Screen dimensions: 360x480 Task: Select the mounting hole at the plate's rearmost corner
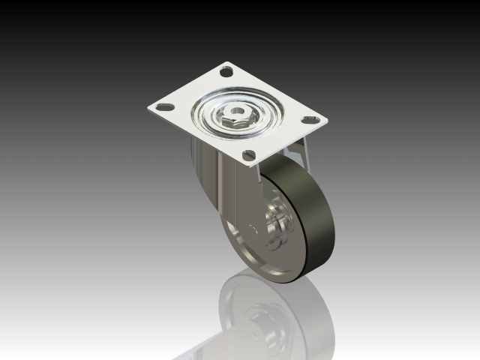pos(226,73)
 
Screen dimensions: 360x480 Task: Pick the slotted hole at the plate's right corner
pos(308,120)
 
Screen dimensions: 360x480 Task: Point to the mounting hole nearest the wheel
pos(248,156)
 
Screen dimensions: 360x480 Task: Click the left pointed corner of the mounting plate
pos(148,110)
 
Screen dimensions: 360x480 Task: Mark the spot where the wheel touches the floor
pos(289,283)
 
